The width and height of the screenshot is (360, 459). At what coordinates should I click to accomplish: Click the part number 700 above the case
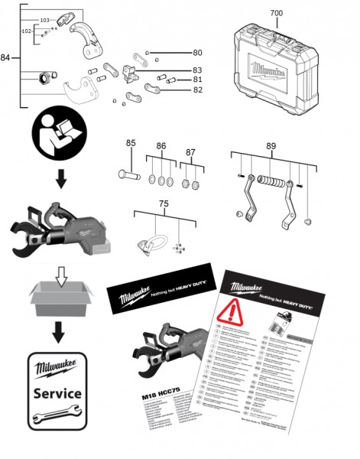click(276, 14)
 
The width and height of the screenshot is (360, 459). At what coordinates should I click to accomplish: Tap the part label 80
click(197, 53)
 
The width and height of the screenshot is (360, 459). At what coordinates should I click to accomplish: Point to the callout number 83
click(197, 70)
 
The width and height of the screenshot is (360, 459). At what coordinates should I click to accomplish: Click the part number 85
click(131, 142)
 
